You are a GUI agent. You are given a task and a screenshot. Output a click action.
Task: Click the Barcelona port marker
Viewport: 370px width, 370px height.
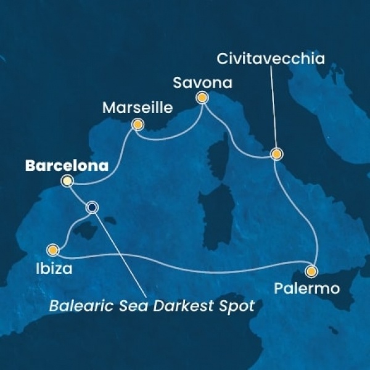tap(67, 181)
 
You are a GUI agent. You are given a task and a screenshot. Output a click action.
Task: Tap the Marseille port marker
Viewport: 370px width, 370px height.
tap(138, 125)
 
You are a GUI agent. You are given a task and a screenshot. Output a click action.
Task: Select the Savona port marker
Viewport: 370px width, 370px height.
tap(201, 97)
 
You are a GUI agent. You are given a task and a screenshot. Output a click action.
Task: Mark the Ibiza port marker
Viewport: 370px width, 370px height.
tap(53, 250)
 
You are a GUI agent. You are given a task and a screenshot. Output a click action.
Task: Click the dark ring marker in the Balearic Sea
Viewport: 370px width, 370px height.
tap(92, 208)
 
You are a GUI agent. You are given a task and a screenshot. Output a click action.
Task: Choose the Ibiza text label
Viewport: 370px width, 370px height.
tap(59, 269)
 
